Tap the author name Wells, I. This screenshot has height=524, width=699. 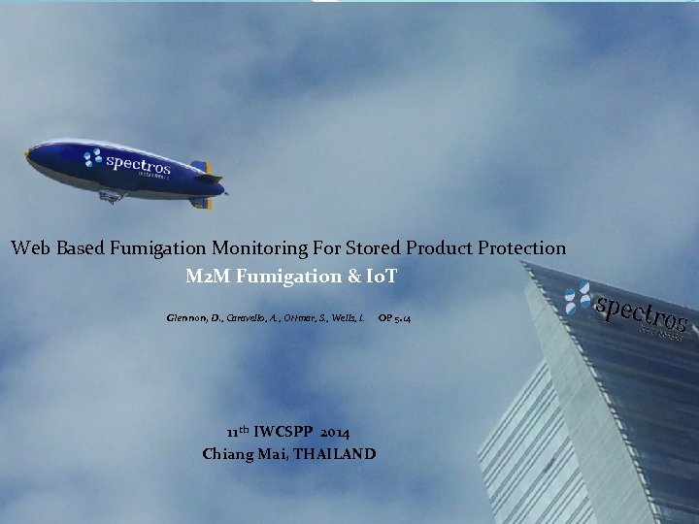[x=348, y=318]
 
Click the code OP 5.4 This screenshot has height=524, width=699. [x=393, y=318]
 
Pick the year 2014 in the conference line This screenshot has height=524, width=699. [x=334, y=432]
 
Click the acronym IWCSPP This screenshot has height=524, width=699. [x=284, y=432]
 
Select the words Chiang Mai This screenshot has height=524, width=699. [x=237, y=453]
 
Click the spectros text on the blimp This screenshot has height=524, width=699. [x=138, y=164]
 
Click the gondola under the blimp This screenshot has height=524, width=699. [x=112, y=196]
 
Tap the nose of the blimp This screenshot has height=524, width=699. [x=30, y=154]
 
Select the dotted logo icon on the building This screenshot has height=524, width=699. [x=579, y=297]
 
